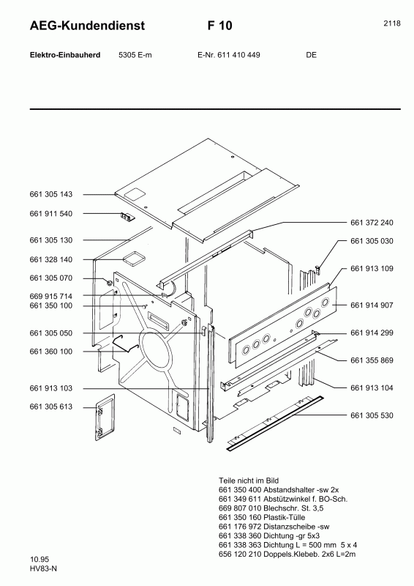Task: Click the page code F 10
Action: click(220, 26)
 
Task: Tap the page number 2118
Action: click(391, 23)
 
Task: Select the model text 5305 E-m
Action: click(135, 55)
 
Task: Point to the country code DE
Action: click(311, 55)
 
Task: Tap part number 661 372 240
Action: click(372, 223)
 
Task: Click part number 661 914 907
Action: click(372, 305)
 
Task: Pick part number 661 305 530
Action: click(372, 415)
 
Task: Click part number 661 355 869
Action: click(372, 360)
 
